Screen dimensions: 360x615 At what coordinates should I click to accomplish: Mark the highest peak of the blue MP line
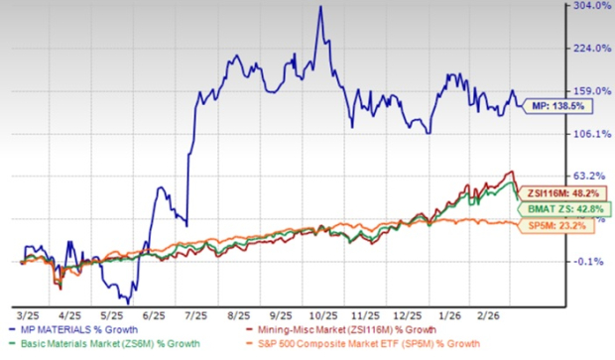click(318, 8)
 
